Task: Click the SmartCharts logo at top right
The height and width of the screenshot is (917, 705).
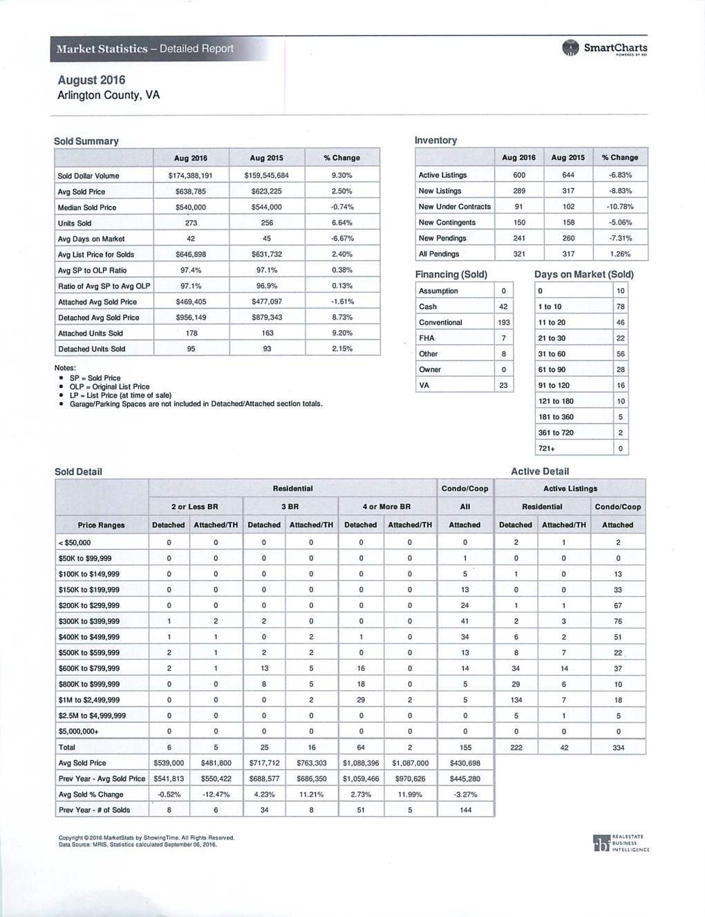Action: point(605,48)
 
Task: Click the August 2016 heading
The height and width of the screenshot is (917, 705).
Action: point(91,80)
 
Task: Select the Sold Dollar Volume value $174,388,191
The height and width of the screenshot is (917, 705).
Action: point(190,176)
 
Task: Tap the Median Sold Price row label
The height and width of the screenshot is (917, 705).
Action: point(87,207)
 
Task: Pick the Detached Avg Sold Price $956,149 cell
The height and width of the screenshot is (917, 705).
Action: point(191,317)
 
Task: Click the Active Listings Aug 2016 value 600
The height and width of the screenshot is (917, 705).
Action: point(519,175)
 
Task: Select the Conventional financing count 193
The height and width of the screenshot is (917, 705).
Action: point(504,322)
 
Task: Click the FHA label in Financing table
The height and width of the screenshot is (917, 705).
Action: point(426,338)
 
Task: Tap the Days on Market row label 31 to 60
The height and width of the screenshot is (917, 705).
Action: point(552,354)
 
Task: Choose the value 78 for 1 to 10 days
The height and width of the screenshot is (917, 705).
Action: point(621,306)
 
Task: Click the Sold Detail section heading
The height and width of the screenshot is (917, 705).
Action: point(78,472)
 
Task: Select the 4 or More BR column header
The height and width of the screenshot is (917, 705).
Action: point(386,507)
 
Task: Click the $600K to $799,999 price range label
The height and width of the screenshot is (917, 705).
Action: point(89,669)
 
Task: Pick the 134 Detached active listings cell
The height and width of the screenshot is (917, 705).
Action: point(516,700)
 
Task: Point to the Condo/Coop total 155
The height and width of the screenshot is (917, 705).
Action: point(465,748)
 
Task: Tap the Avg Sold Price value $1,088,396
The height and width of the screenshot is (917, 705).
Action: point(361,763)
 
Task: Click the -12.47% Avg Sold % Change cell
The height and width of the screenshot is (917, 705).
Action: point(216,795)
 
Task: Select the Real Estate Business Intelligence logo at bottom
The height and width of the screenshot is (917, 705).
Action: point(621,843)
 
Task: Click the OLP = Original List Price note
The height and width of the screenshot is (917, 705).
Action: point(109,387)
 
